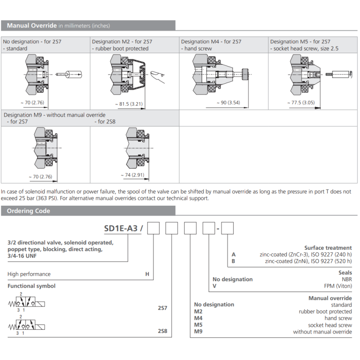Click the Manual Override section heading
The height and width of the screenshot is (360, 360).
click(x=31, y=26)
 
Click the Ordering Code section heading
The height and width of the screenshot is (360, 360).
click(x=28, y=211)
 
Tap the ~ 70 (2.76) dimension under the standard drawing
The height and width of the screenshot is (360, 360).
click(x=32, y=103)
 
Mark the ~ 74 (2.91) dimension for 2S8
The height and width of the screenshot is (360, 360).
click(x=133, y=175)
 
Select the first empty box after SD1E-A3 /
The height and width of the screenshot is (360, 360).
click(x=154, y=229)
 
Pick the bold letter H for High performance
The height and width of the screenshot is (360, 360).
click(x=147, y=274)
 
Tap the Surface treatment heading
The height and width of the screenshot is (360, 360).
click(x=328, y=247)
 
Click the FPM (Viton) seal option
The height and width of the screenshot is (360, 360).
click(x=337, y=286)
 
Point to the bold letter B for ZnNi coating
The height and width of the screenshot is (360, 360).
click(x=233, y=261)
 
